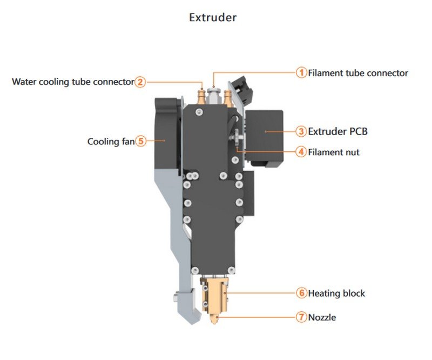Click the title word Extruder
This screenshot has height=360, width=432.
pos(213,17)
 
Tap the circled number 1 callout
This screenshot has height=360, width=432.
pos(301,72)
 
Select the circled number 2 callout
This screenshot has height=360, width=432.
pos(140,82)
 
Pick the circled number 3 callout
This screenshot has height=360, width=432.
pos(301,131)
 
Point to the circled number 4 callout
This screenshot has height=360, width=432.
pos(301,152)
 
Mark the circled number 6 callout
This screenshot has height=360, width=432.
pos(301,293)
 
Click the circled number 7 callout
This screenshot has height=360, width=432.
pos(301,317)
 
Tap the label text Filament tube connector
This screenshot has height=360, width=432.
pos(357,73)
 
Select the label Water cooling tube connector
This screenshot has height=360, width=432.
pos(72,82)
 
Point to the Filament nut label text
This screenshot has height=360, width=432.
pos(334,152)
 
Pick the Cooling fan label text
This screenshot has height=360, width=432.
pos(111,142)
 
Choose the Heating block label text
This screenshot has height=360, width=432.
pos(336,294)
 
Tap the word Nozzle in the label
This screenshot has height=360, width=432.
pos(322,317)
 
